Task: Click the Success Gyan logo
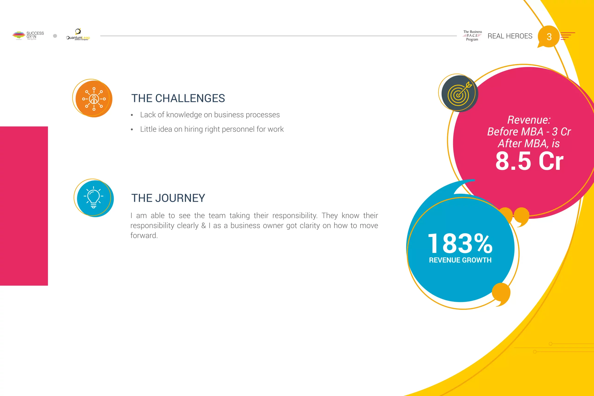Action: [x=28, y=35]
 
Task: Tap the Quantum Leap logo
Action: [x=78, y=34]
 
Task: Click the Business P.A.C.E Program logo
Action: [x=472, y=35]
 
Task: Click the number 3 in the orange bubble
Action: [x=549, y=37]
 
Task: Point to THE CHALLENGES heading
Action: [x=178, y=98]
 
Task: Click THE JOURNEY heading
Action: [x=168, y=198]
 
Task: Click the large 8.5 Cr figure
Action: [x=529, y=161]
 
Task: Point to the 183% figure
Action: [x=460, y=243]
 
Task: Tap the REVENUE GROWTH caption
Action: [x=460, y=260]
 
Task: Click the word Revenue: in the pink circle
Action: [x=529, y=120]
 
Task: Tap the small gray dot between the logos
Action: [x=55, y=36]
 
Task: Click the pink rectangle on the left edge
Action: [x=24, y=206]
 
